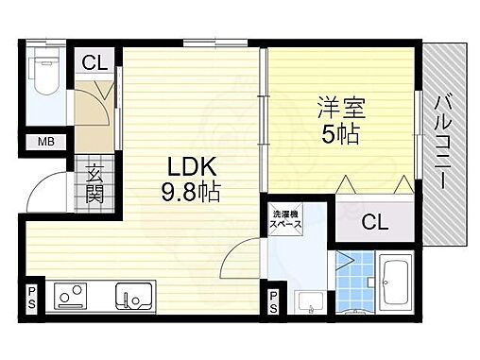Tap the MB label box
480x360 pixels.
click(x=45, y=143)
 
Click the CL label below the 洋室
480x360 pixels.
click(x=375, y=223)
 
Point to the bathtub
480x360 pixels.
click(x=394, y=280)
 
